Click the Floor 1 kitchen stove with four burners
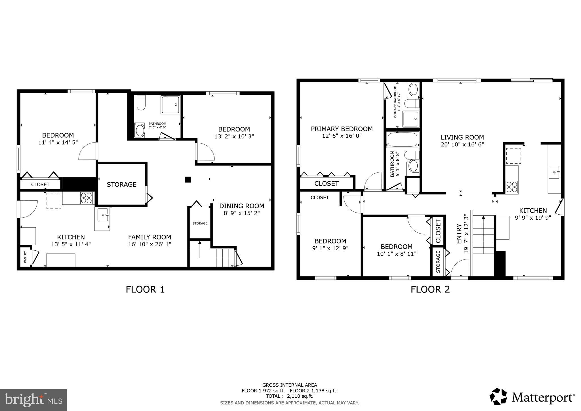click(x=86, y=198)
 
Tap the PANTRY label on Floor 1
click(x=25, y=257)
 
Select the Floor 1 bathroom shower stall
click(x=170, y=105)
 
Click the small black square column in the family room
click(x=188, y=179)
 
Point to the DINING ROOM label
click(x=241, y=206)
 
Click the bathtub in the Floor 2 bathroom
click(x=402, y=140)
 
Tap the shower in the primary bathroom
click(x=411, y=119)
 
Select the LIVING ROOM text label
click(x=462, y=137)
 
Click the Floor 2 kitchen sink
click(x=554, y=172)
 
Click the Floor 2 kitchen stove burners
click(x=512, y=187)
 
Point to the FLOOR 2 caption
click(x=430, y=290)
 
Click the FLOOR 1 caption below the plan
click(x=145, y=290)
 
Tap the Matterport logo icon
click(x=498, y=397)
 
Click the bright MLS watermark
click(x=33, y=400)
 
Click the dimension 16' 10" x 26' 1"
click(x=150, y=244)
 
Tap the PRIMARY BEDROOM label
click(x=342, y=129)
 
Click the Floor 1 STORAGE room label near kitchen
click(x=121, y=184)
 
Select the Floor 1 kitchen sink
click(x=102, y=215)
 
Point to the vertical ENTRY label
click(x=459, y=234)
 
